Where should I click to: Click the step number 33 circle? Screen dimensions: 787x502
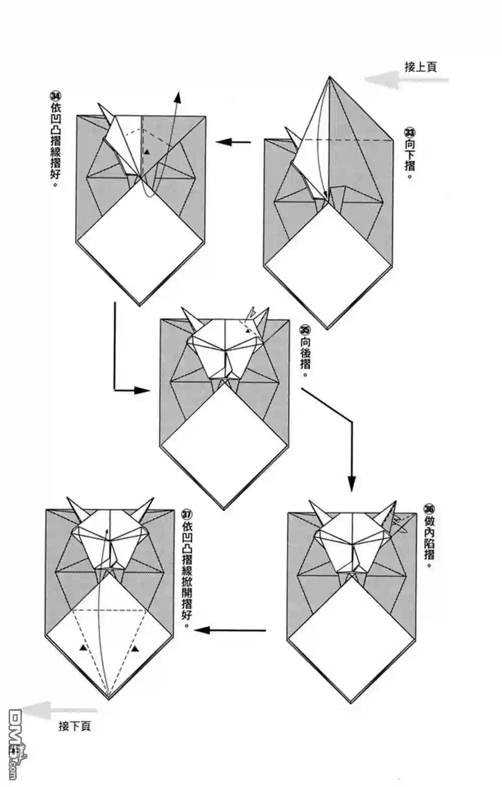pos(410,133)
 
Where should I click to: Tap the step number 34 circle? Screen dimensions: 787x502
pos(55,96)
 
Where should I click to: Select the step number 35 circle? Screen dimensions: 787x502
pos(305,330)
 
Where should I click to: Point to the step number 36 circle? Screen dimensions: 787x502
pos(429,507)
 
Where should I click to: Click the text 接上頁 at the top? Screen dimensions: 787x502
pos(421,67)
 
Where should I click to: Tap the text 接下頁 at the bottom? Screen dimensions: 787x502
pos(75,726)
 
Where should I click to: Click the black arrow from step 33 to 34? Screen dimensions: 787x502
pos(233,142)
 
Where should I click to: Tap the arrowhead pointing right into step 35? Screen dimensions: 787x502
pos(143,390)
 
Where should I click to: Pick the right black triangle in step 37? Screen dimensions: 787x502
pos(136,649)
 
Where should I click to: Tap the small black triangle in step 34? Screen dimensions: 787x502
pos(146,151)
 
